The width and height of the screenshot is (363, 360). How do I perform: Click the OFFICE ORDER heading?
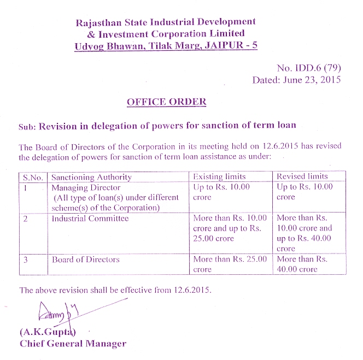click(x=166, y=102)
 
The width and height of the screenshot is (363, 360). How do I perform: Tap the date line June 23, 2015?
click(x=296, y=80)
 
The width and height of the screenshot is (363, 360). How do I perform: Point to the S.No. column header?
click(x=33, y=177)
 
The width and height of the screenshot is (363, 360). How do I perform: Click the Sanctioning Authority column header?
click(x=91, y=177)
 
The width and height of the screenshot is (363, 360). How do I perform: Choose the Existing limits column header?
click(x=220, y=176)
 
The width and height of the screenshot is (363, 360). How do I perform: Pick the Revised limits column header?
click(x=302, y=176)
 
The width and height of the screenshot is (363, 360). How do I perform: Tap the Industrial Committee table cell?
click(x=90, y=219)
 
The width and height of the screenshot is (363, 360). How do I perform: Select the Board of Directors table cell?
click(x=85, y=259)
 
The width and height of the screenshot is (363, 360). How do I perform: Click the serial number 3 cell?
click(x=26, y=259)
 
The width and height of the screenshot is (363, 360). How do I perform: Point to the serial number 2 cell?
click(x=26, y=219)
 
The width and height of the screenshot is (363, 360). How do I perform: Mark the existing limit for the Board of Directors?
click(x=230, y=264)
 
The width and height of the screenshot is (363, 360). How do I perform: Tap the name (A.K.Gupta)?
click(x=48, y=333)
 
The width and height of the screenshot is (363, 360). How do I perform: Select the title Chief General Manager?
click(x=73, y=344)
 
